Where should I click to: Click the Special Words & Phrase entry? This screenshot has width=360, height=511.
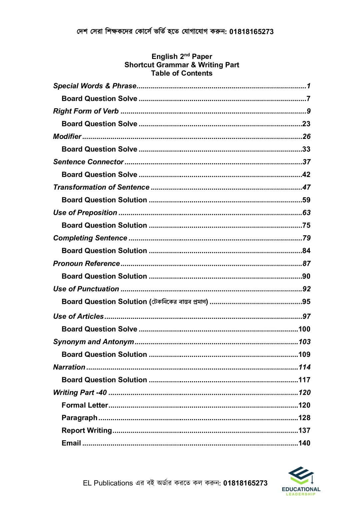[x=95, y=86]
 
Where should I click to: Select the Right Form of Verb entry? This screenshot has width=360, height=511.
[x=86, y=111]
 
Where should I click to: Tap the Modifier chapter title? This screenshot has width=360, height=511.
[x=67, y=137]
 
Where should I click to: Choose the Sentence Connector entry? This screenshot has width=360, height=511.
[x=88, y=162]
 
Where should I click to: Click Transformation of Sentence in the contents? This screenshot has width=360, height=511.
[x=101, y=187]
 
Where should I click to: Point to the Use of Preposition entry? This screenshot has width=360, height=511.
[x=85, y=213]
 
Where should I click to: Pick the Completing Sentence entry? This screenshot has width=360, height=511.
[x=90, y=238]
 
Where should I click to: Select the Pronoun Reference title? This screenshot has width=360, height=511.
[x=86, y=263]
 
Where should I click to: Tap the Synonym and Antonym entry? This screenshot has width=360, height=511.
[x=93, y=342]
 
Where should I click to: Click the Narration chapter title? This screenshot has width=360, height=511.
[x=69, y=367]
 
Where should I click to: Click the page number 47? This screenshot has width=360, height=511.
[x=306, y=187]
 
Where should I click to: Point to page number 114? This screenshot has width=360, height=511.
[x=304, y=367]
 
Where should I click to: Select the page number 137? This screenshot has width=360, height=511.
[x=304, y=430]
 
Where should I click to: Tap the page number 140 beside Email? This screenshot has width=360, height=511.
[x=304, y=443]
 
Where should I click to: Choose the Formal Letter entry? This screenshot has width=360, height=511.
[x=85, y=405]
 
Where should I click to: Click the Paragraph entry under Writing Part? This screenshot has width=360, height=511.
[x=79, y=418]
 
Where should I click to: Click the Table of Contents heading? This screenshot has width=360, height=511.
[x=182, y=73]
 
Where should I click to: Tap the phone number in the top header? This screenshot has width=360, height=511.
[x=251, y=32]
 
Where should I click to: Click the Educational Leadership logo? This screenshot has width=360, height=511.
[x=301, y=481]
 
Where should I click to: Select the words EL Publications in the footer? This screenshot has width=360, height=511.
[x=108, y=483]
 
